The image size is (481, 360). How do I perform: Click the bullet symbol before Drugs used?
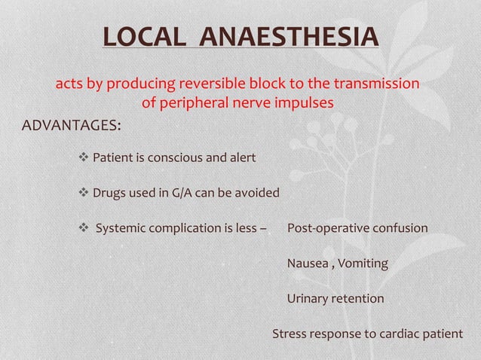tap(84, 193)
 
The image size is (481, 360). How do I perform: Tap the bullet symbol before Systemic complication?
tap(84, 227)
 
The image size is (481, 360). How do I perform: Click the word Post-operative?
tap(324, 227)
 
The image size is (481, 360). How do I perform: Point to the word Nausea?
tap(307, 264)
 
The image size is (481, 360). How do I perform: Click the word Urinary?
tap(308, 299)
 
